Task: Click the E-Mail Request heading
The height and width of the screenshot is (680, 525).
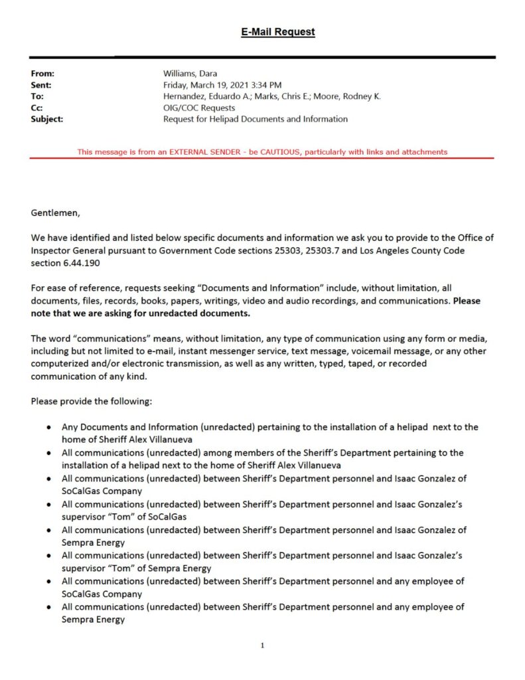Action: (277, 32)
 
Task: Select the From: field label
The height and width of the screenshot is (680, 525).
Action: (42, 74)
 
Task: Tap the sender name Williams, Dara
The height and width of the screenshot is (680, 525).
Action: (190, 74)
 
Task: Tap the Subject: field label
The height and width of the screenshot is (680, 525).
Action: (47, 119)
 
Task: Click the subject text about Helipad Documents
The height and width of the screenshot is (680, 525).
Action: (256, 119)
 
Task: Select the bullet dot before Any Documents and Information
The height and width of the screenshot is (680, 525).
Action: (50, 427)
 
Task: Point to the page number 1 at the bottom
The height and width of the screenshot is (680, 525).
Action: (263, 645)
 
